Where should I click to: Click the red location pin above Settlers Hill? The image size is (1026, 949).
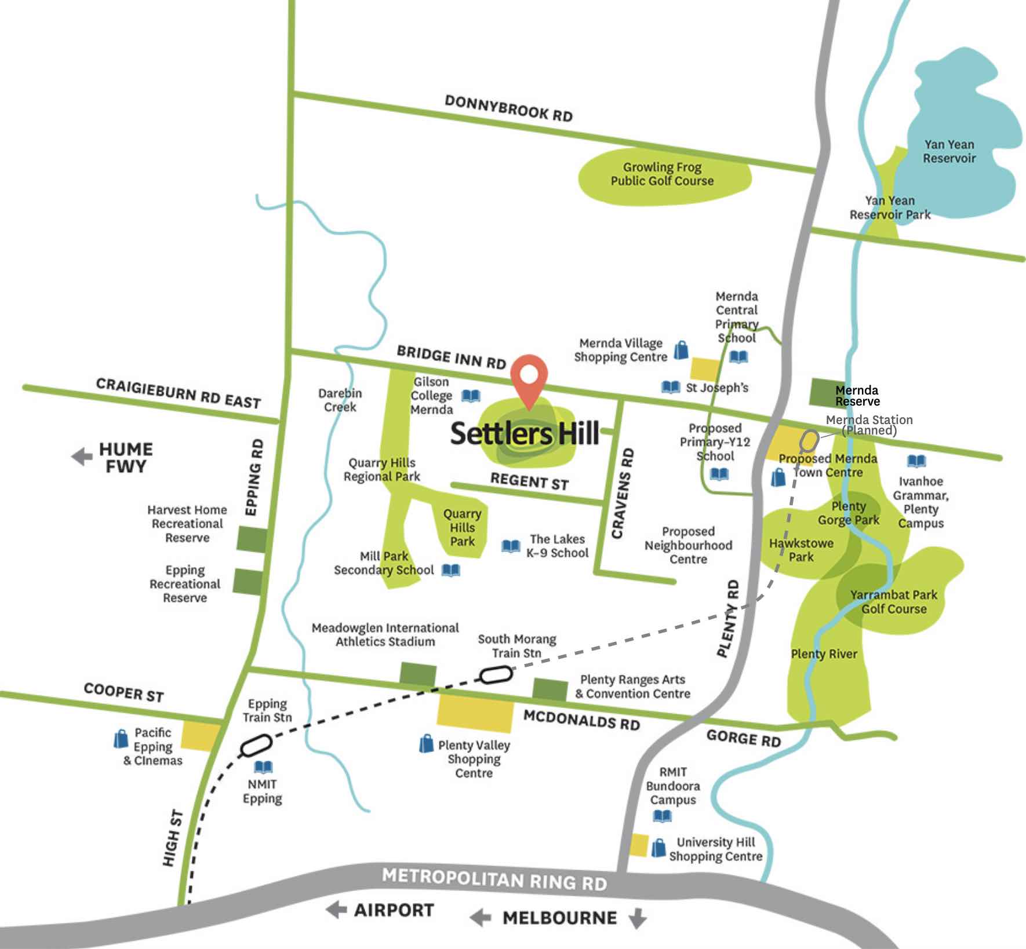(529, 377)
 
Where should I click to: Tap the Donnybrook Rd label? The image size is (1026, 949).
(508, 108)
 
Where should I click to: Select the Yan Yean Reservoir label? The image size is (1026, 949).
(949, 151)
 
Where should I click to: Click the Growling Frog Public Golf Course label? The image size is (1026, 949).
(662, 174)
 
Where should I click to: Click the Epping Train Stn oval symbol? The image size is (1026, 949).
(256, 744)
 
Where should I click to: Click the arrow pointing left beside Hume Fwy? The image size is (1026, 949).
(82, 457)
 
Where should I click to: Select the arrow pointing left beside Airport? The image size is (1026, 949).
(336, 910)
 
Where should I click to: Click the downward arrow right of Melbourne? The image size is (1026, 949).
(637, 918)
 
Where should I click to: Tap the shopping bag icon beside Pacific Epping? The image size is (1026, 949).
(121, 739)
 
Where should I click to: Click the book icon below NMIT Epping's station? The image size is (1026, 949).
(264, 767)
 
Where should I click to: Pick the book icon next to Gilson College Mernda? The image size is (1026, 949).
(471, 396)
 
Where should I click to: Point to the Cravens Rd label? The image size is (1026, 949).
(623, 493)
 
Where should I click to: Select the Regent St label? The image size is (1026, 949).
(529, 481)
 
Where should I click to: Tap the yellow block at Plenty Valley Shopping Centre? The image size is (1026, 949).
(475, 712)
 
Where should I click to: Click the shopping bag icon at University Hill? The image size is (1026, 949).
(658, 848)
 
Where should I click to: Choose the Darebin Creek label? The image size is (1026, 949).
(340, 400)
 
